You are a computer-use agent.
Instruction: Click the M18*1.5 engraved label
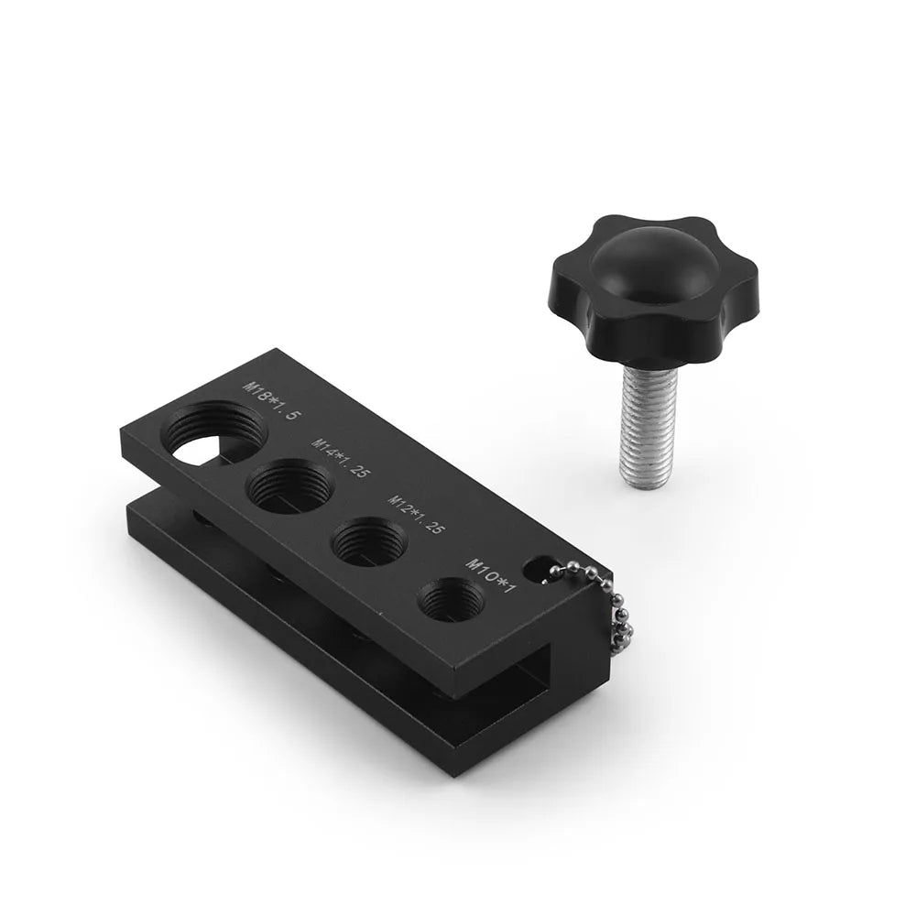coord(273,401)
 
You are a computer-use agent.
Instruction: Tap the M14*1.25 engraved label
coord(342,459)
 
